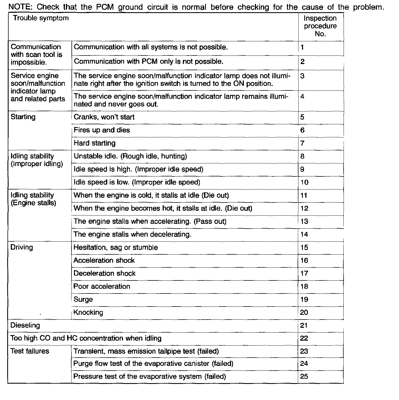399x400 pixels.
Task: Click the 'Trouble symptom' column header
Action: click(41, 18)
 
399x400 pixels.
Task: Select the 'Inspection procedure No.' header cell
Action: click(320, 26)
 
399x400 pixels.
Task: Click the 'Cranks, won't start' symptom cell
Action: click(104, 117)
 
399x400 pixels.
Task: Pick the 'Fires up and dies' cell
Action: click(102, 130)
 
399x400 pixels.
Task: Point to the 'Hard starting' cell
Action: click(94, 143)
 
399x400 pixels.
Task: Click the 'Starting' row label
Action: click(23, 117)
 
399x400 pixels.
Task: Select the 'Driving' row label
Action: click(22, 247)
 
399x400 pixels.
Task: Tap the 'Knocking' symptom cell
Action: click(88, 313)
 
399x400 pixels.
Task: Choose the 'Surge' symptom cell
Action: click(83, 300)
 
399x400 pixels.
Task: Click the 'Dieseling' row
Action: click(25, 325)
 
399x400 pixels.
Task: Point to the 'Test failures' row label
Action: click(30, 351)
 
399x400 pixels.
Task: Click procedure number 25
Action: click(304, 376)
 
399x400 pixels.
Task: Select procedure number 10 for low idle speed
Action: click(304, 182)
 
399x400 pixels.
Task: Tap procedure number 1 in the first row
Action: click(302, 47)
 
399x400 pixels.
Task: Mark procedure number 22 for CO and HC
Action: click(304, 338)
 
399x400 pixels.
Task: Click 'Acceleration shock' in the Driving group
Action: click(104, 260)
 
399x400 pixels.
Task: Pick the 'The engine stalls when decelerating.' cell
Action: click(132, 234)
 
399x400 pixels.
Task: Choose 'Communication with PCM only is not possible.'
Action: click(149, 62)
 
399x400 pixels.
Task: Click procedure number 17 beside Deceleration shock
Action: click(304, 274)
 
